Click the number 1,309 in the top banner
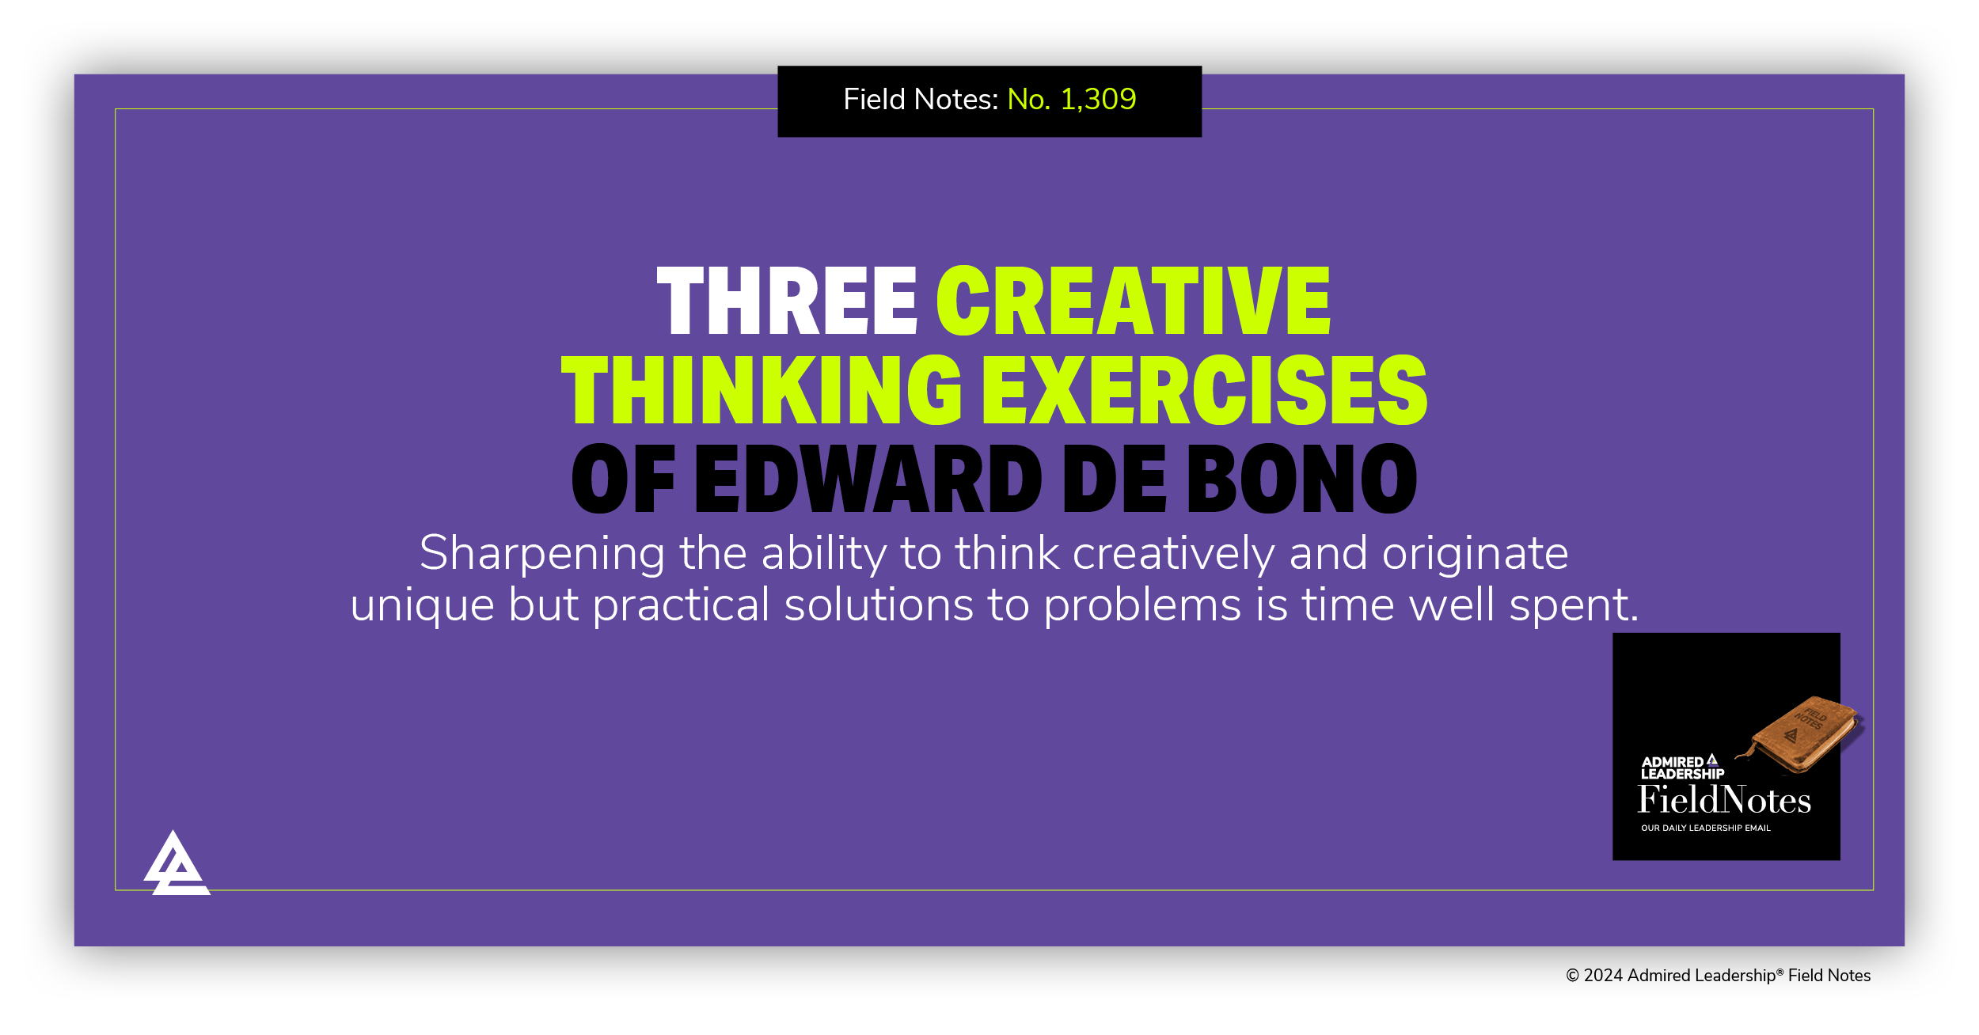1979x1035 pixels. (x=1098, y=99)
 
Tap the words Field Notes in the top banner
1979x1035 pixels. (x=920, y=99)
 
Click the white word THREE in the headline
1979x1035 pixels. (x=787, y=301)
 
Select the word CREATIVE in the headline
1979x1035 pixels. (x=1134, y=301)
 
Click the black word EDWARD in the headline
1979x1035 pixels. (x=868, y=479)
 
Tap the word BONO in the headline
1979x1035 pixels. (x=1302, y=479)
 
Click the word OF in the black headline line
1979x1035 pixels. (x=623, y=479)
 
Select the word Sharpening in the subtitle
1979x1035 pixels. (x=542, y=553)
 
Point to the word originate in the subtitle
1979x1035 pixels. (x=1475, y=553)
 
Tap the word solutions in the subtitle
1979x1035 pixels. (x=879, y=605)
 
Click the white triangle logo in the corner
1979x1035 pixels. (x=176, y=865)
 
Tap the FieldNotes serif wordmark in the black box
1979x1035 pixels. (x=1724, y=800)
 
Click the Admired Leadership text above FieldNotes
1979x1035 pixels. (x=1681, y=768)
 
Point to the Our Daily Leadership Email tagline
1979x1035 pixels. (x=1705, y=828)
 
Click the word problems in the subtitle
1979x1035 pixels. (x=1142, y=605)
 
